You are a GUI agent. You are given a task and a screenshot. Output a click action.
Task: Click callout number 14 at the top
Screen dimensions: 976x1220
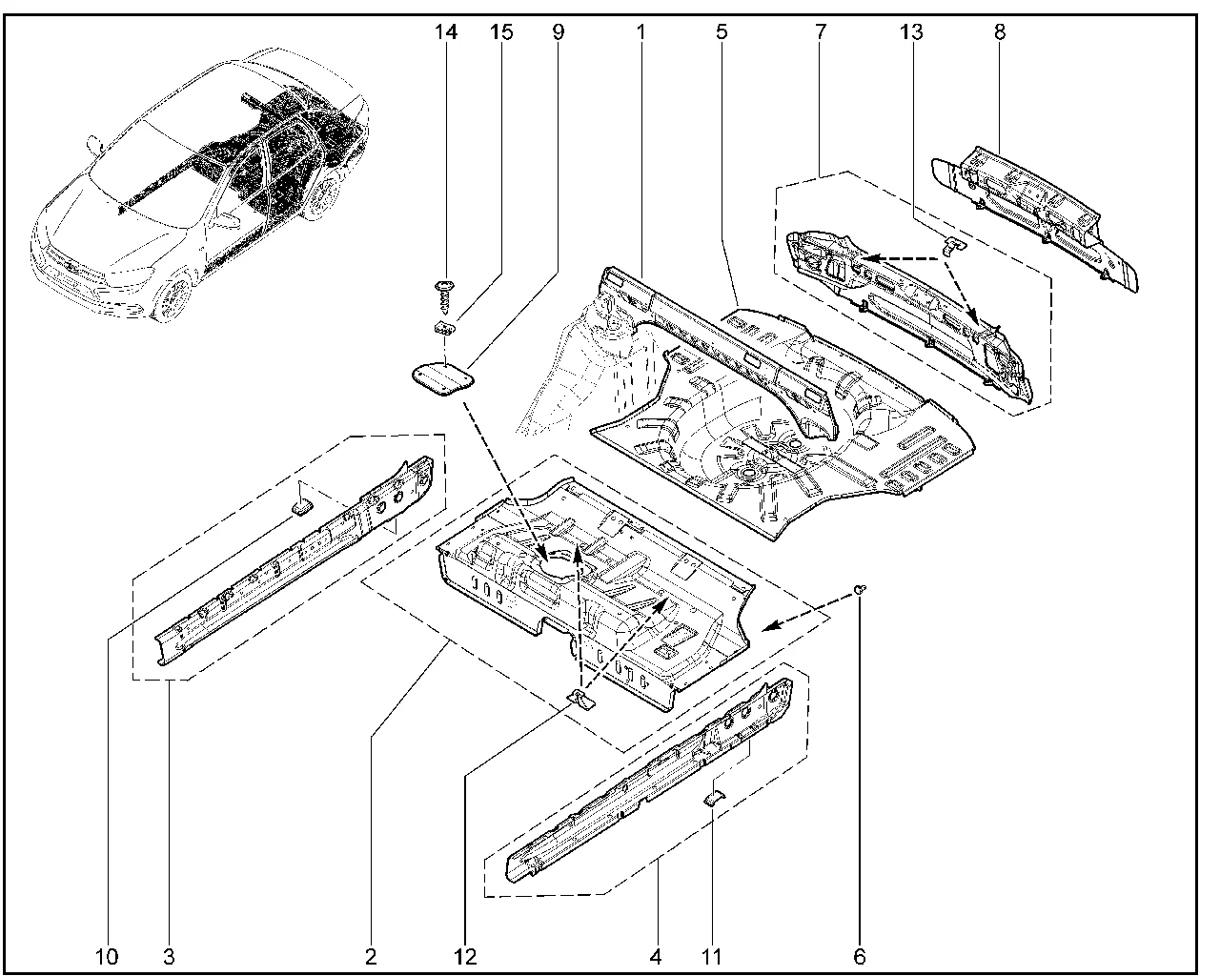tap(445, 32)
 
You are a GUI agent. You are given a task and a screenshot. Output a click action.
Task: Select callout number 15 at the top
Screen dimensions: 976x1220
tap(501, 32)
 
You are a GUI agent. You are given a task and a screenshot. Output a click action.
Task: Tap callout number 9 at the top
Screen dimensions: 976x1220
tap(558, 32)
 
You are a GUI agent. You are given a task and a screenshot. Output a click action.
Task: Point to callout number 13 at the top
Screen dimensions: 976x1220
tap(910, 32)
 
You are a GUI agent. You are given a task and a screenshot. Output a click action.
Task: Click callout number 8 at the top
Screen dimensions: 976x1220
tap(999, 32)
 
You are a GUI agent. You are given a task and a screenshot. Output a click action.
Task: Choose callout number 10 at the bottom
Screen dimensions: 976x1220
tap(107, 956)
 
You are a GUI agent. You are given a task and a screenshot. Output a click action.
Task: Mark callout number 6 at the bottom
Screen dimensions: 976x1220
tap(860, 956)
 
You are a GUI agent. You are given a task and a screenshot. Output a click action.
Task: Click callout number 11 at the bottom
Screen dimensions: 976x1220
tap(712, 956)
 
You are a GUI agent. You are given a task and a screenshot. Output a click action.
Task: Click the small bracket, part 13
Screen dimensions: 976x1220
tap(954, 245)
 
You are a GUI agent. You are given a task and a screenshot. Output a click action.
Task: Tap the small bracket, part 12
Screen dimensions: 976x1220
tap(581, 701)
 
